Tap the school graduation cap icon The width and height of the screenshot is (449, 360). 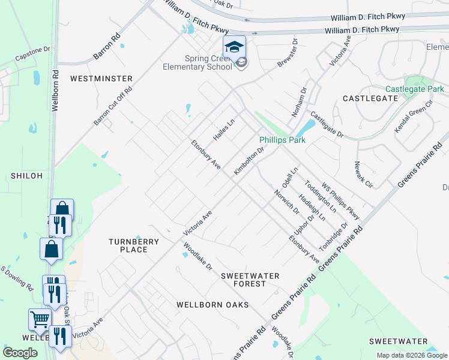234,46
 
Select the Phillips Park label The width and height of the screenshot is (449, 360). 282,140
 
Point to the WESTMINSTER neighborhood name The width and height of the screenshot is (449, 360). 101,79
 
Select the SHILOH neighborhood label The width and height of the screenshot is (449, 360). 26,176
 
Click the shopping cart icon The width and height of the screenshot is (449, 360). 40,320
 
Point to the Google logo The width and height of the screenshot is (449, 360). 20,353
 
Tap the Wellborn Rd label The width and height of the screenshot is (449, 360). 55,97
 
